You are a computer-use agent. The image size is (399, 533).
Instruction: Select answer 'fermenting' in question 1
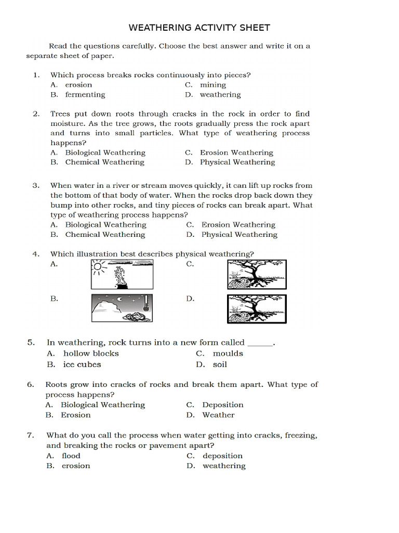[x=85, y=95]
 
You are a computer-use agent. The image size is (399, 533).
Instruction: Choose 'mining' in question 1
[x=213, y=85]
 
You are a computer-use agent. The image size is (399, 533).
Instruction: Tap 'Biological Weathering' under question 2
[x=105, y=153]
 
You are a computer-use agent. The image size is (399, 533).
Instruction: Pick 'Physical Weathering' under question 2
[x=237, y=162]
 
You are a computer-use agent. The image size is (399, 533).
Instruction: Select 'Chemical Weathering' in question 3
[x=105, y=235]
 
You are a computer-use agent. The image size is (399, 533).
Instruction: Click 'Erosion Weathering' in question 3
[x=238, y=225]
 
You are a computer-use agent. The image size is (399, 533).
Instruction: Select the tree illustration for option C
[x=257, y=274]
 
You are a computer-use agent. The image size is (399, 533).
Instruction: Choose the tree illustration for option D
[x=257, y=309]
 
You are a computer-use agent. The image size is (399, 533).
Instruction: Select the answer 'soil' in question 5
[x=220, y=365]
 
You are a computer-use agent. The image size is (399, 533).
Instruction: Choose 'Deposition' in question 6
[x=223, y=405]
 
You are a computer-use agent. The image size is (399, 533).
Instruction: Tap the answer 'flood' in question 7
[x=71, y=456]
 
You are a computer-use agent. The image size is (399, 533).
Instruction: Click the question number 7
[x=31, y=435]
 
